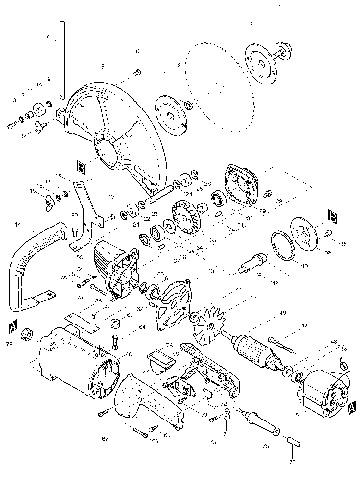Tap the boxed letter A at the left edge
tap(11, 326)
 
